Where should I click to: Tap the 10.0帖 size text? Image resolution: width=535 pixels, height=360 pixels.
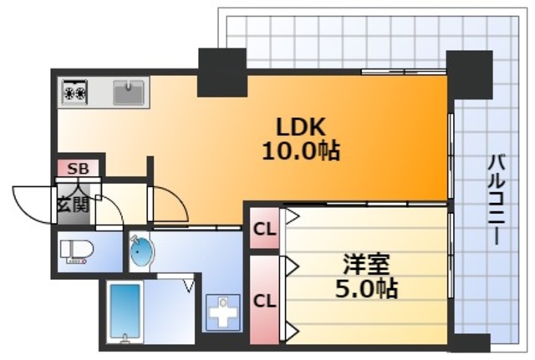(x=301, y=152)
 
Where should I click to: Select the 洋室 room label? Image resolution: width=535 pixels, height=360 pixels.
(x=367, y=265)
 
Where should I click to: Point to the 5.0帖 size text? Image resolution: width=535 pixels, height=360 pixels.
(x=366, y=290)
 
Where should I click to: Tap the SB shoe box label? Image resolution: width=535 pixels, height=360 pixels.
(x=77, y=169)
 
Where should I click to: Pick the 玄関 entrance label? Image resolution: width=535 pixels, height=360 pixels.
(x=73, y=202)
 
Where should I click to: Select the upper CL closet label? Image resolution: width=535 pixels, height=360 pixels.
(x=264, y=228)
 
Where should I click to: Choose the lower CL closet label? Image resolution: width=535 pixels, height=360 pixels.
(x=264, y=299)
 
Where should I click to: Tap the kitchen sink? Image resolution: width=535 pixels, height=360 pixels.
(x=128, y=91)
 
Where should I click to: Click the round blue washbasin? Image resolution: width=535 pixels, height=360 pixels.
(x=141, y=251)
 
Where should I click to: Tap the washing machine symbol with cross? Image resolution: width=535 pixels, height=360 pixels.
(x=221, y=314)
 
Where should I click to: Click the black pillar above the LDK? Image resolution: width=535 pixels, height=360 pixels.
(x=222, y=72)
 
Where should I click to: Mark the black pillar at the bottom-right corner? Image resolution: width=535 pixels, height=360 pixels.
(x=471, y=343)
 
